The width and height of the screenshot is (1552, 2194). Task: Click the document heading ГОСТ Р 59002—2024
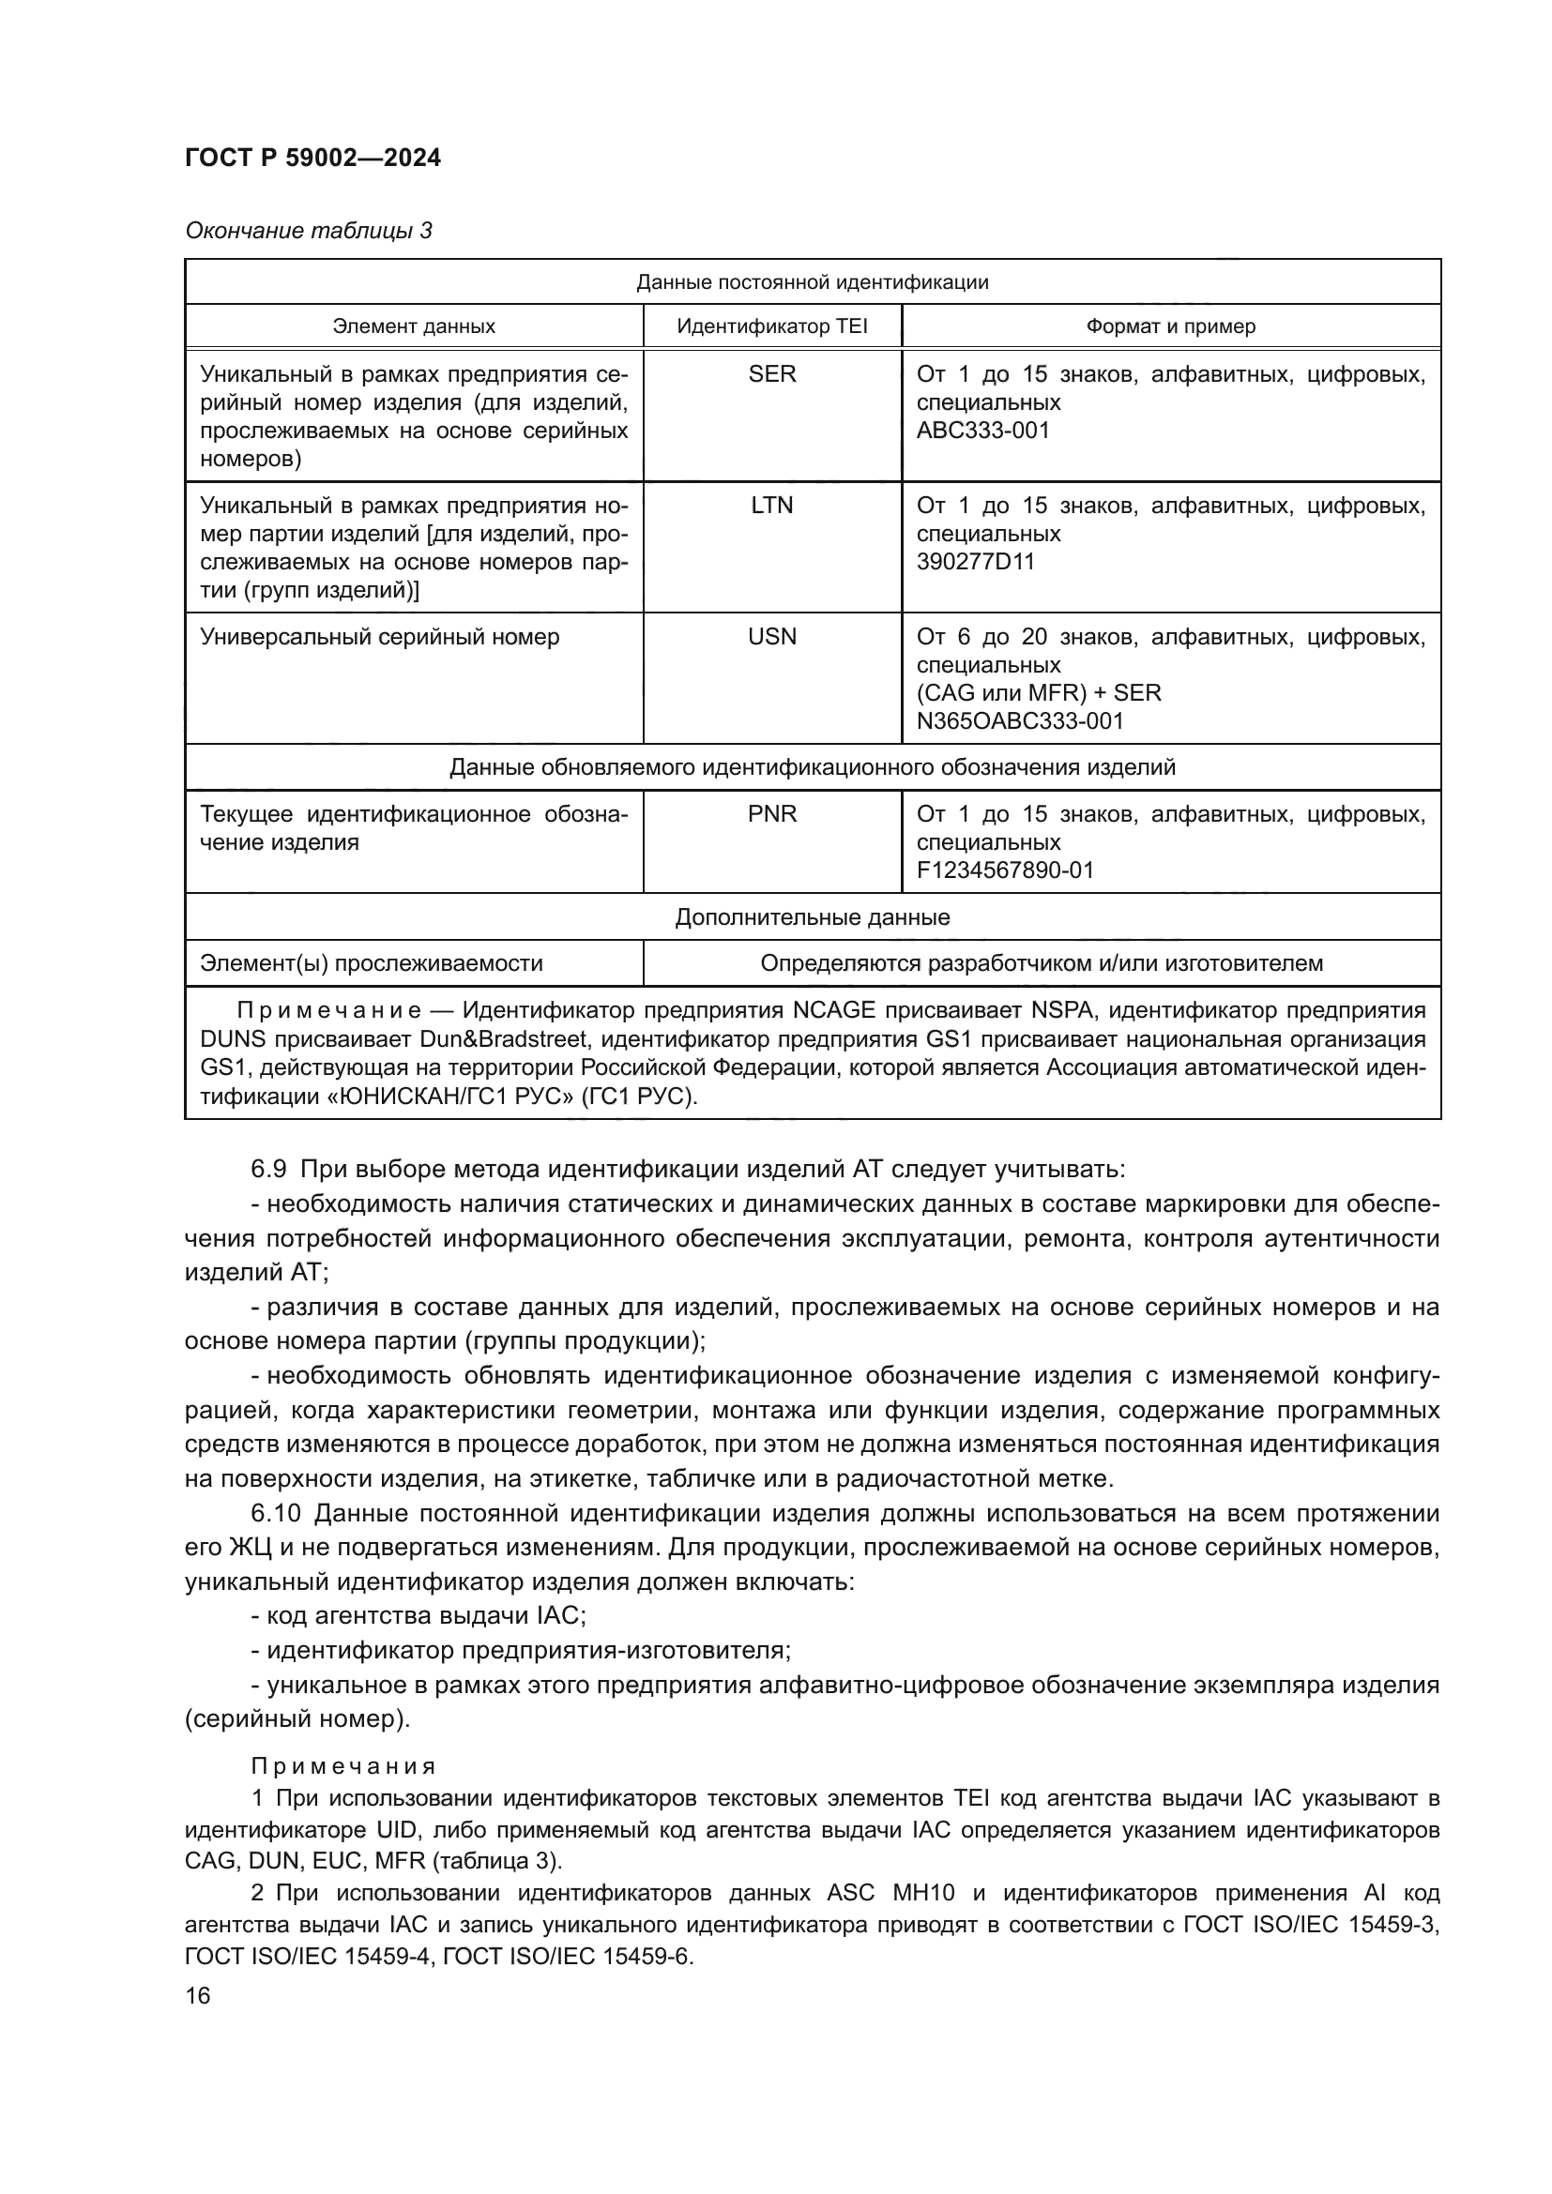[x=312, y=159]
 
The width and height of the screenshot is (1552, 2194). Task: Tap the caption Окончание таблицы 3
[x=308, y=232]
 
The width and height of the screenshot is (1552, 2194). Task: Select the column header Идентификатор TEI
[x=771, y=325]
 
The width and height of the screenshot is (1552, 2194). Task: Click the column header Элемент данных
[x=414, y=325]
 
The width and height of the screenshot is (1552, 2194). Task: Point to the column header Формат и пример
[x=1170, y=325]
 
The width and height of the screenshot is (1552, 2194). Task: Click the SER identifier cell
[x=771, y=374]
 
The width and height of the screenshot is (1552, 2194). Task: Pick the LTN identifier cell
[x=771, y=506]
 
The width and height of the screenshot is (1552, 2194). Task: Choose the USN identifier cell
[x=771, y=636]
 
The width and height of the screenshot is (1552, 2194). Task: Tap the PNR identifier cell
[x=771, y=814]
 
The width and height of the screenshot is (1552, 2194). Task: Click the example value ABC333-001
[x=982, y=430]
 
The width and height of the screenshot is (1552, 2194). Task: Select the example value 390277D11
[x=975, y=561]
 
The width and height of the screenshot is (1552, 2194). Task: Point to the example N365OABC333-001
[x=1020, y=720]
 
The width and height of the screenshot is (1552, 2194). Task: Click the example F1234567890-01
[x=1004, y=870]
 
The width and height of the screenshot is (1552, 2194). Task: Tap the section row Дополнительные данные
[x=813, y=917]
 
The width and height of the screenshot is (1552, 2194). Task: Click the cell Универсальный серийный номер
[x=379, y=636]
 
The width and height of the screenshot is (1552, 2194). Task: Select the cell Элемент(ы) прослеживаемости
[x=371, y=963]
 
